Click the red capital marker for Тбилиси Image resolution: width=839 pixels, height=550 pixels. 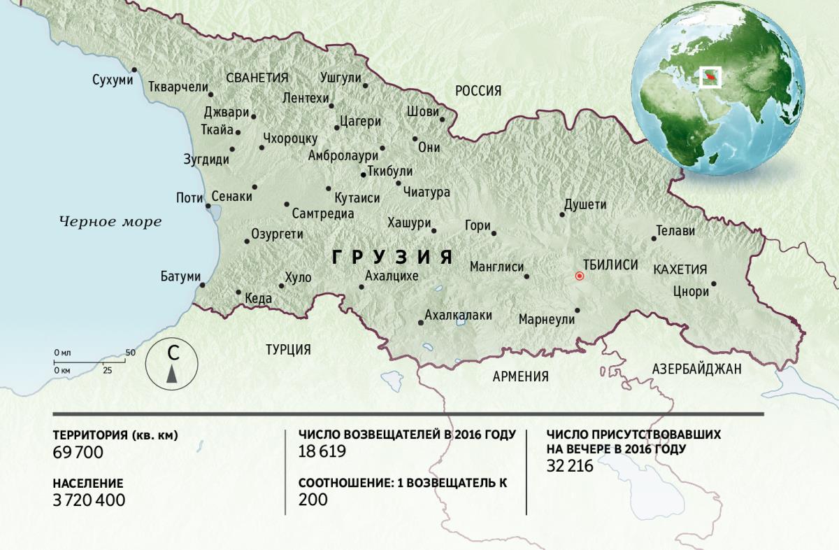tap(579, 276)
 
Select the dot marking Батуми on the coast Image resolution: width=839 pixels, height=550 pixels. tap(203, 285)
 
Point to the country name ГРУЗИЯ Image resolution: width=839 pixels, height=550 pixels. tap(392, 257)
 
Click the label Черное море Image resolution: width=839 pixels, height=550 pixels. tap(110, 222)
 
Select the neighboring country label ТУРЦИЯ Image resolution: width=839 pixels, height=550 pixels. tap(288, 349)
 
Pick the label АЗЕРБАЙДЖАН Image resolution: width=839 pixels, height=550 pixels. tap(696, 369)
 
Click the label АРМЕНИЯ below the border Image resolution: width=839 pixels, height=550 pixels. tap(520, 376)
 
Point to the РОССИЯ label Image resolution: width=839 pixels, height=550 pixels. tap(478, 90)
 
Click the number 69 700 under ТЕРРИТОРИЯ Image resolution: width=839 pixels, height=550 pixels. tap(78, 453)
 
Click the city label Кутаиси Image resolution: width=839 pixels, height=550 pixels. tap(357, 199)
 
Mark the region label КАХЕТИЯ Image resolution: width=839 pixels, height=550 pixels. tap(680, 269)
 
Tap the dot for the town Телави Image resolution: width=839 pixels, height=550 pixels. tap(654, 239)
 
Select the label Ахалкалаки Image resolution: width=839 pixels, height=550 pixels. tap(458, 315)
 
